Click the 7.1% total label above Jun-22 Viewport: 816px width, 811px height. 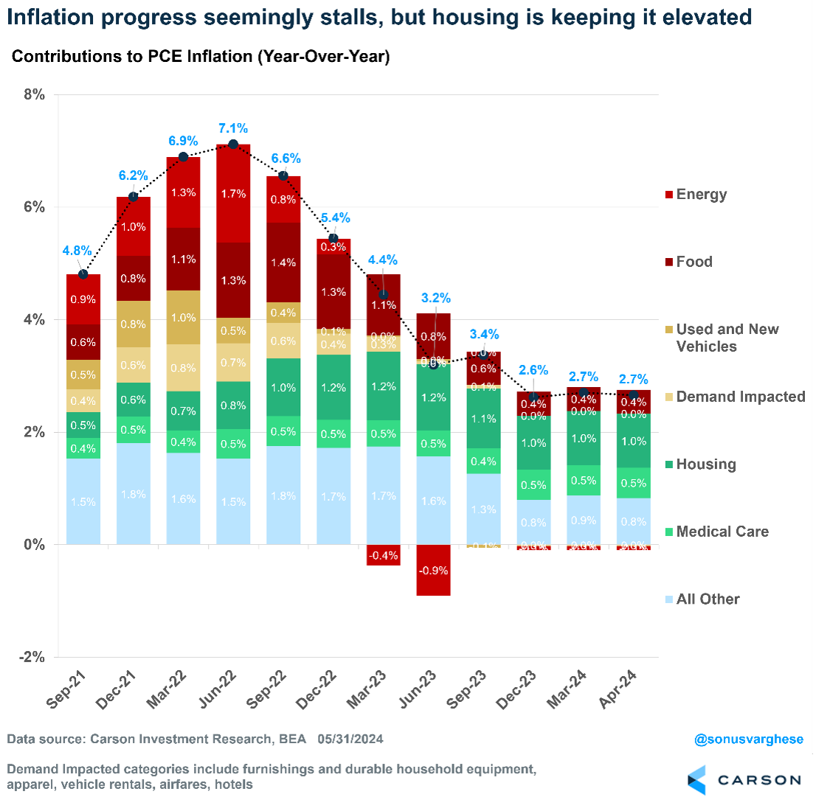[233, 129]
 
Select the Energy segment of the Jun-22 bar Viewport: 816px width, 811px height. [233, 193]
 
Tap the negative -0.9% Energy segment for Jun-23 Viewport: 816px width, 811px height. [433, 570]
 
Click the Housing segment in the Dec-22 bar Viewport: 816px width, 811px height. [333, 387]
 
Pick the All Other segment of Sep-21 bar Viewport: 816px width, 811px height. [83, 501]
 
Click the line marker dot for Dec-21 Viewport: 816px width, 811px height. [134, 197]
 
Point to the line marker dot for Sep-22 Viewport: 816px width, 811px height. [283, 175]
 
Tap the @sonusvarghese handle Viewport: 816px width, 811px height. [748, 739]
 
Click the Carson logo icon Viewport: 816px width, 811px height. [696, 780]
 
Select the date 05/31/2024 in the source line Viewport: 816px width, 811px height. [350, 739]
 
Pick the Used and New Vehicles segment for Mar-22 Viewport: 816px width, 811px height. [183, 317]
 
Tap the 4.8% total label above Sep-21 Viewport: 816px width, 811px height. [77, 250]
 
